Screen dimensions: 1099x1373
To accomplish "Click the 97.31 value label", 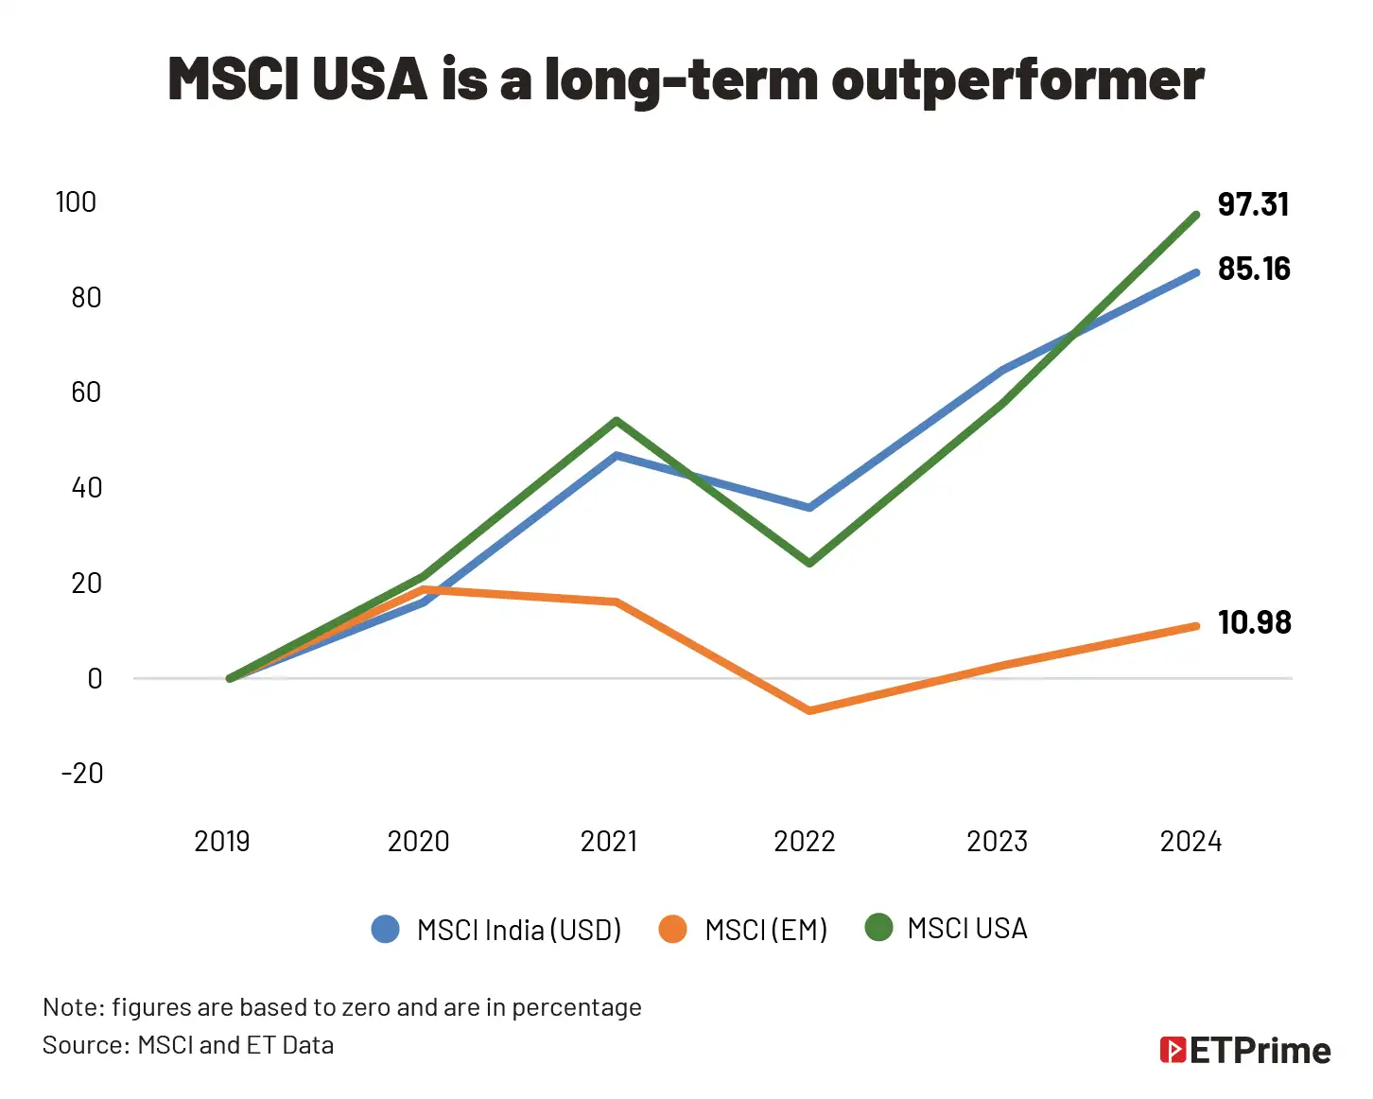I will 1253,204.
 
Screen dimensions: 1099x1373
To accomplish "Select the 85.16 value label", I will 1254,269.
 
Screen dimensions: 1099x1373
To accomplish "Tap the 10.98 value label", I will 1254,622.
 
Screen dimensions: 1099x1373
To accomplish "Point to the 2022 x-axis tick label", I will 804,841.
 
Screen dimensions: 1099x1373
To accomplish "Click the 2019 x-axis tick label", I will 221,841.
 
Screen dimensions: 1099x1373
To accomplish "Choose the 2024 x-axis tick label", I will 1191,841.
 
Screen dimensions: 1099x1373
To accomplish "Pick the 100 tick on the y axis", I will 76,201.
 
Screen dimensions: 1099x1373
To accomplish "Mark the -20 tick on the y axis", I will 81,773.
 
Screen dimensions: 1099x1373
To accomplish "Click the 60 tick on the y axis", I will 85,392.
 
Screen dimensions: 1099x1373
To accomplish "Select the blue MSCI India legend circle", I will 386,929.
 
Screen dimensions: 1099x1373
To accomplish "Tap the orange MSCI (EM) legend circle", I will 672,929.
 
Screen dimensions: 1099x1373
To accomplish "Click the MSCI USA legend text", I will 966,929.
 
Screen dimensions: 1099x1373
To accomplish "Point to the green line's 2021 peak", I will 616,421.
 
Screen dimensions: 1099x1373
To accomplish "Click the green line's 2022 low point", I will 809,563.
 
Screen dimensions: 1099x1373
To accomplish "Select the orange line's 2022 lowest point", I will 809,709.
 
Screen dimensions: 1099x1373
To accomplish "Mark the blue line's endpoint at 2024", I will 1196,273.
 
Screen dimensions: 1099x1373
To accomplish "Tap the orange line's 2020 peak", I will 423,589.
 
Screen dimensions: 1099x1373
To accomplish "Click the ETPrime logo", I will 1245,1050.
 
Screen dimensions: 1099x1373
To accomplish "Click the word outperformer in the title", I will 1017,79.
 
